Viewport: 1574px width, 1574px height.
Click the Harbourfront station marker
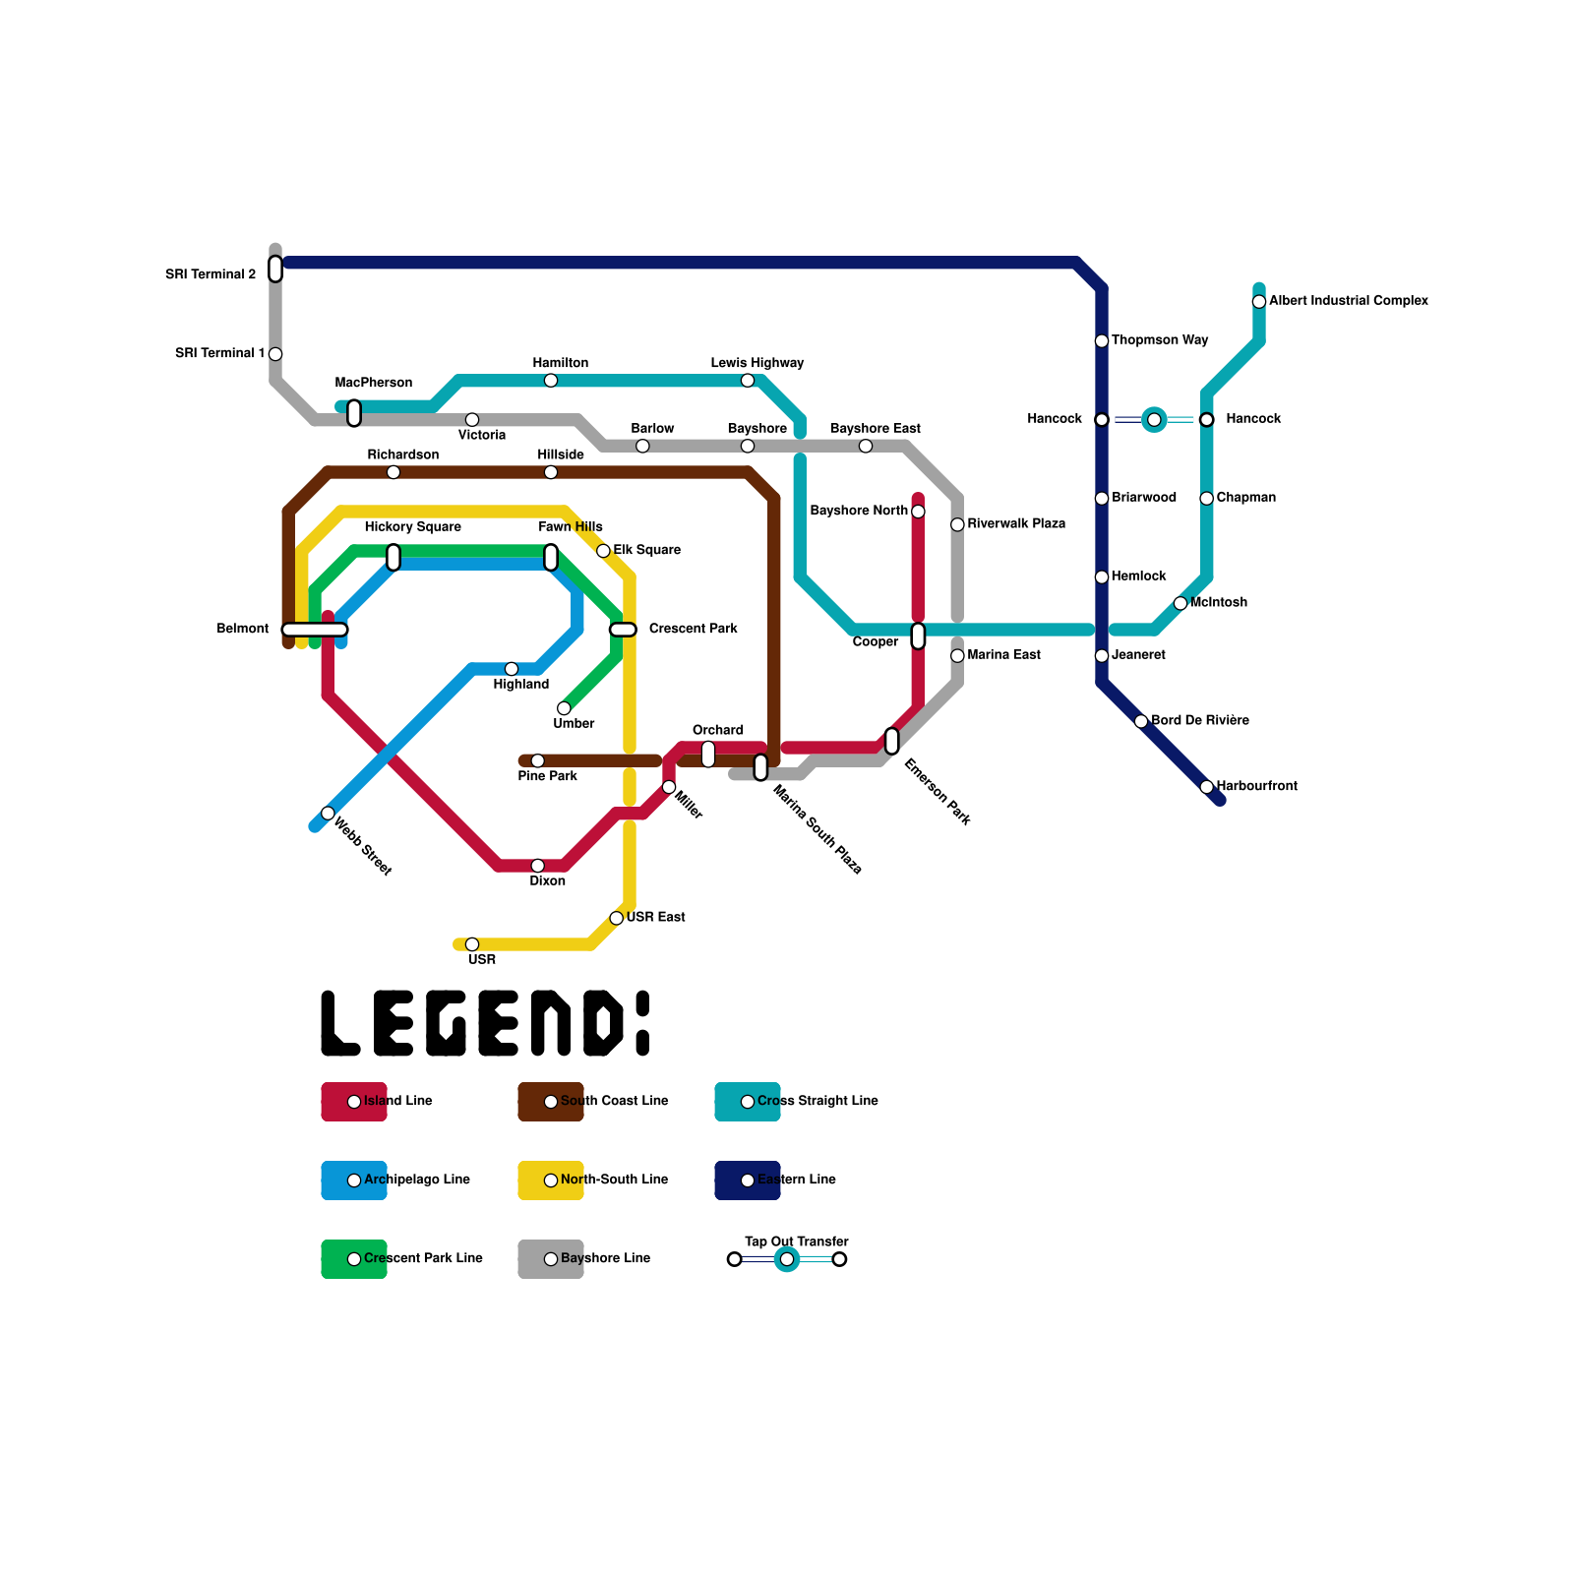click(x=1207, y=787)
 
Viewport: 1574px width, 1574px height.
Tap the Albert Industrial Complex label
click(x=1348, y=301)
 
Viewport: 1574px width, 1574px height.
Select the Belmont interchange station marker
click(x=315, y=630)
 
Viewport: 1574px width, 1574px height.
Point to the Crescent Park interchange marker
click(x=623, y=630)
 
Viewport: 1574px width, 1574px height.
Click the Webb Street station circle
click(x=328, y=814)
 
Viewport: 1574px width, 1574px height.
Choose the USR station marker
click(x=472, y=944)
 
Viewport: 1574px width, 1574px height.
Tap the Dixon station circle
click(x=537, y=866)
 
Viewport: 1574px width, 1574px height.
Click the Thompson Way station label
click(x=1160, y=340)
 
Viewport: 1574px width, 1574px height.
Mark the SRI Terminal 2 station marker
click(x=275, y=269)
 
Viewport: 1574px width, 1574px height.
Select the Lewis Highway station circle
click(x=748, y=381)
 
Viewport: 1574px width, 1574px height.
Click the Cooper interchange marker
click(x=918, y=636)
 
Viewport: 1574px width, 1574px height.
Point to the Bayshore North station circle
click(x=918, y=512)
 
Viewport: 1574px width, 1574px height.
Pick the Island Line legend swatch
click(x=354, y=1102)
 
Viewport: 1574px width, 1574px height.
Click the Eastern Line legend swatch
click(x=748, y=1180)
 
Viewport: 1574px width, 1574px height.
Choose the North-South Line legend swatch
click(x=551, y=1180)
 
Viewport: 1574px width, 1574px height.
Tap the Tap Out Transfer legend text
click(x=797, y=1241)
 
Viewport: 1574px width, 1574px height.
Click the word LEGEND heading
click(x=485, y=1024)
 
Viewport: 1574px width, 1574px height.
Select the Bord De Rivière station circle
click(x=1141, y=721)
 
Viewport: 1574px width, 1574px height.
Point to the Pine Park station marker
click(x=537, y=761)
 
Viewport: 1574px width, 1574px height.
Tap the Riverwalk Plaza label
click(x=1016, y=524)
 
